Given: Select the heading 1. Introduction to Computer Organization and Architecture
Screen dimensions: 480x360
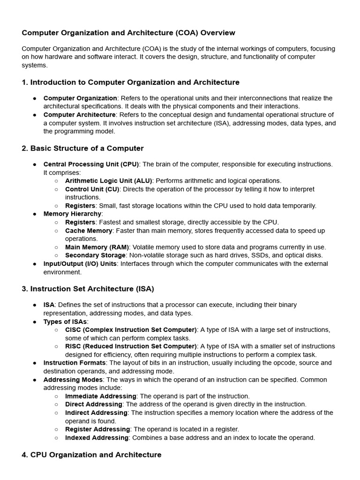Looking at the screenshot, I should click(x=130, y=82).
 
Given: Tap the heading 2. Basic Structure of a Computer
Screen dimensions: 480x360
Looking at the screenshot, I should click(x=82, y=149).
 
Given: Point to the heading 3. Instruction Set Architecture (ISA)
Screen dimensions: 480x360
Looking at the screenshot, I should click(x=88, y=289).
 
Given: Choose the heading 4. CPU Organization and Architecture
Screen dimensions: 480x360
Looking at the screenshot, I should click(x=91, y=455).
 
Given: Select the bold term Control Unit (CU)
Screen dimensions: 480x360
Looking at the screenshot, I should click(x=92, y=189).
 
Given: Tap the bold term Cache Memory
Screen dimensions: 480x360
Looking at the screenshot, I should click(x=89, y=231).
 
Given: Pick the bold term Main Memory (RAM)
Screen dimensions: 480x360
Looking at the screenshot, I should click(x=97, y=247).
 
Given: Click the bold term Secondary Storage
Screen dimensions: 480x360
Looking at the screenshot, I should click(x=95, y=255).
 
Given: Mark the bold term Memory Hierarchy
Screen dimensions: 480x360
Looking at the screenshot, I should click(x=73, y=214).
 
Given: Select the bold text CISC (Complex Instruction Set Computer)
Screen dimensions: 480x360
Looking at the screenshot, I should click(x=131, y=330).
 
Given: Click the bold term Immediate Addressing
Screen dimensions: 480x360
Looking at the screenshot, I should click(x=100, y=396).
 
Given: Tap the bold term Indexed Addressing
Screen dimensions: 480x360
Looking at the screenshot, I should click(x=97, y=438).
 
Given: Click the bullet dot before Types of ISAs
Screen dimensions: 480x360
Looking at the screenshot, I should click(x=35, y=322).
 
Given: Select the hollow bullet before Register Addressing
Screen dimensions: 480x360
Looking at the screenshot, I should click(x=56, y=429).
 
